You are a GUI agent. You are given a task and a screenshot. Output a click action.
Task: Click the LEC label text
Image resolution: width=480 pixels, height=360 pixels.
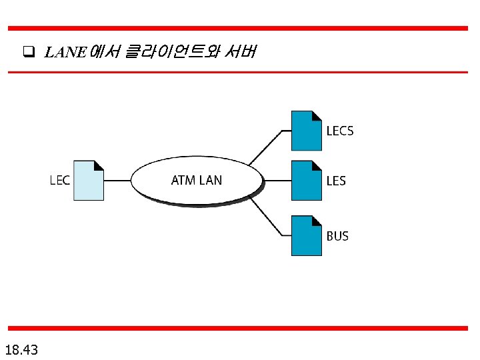[60, 180]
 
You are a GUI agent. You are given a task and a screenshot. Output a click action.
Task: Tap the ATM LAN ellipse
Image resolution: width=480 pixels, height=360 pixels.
[197, 180]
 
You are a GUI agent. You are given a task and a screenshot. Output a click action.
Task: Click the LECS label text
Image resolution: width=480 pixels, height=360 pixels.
[340, 131]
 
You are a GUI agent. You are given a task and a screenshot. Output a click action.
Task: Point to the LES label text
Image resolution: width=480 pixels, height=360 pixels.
[336, 180]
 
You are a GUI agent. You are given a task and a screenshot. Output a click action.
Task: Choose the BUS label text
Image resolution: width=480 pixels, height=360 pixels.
[337, 236]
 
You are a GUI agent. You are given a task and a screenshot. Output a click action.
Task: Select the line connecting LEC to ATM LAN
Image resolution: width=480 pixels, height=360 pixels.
[117, 180]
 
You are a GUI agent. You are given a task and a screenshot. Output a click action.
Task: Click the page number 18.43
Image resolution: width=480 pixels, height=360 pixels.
[21, 349]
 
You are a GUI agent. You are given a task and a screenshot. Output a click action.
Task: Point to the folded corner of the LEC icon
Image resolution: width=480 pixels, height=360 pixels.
[99, 165]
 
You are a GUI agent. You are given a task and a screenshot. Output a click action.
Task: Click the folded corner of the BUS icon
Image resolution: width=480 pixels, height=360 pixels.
[317, 221]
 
